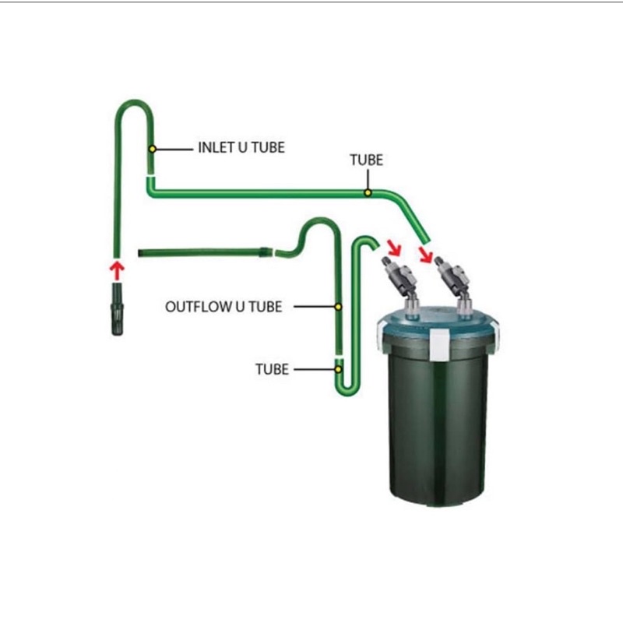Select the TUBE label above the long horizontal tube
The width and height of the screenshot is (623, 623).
[366, 160]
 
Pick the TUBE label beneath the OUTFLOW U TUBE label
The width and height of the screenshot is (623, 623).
[272, 369]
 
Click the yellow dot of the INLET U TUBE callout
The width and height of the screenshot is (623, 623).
[153, 148]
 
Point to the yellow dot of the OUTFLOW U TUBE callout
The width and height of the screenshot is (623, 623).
[339, 306]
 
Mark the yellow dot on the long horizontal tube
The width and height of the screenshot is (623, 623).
[368, 192]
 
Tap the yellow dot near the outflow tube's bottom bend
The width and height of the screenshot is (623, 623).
[339, 369]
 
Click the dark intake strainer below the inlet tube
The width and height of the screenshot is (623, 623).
[117, 309]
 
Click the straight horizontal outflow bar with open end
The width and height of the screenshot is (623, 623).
[202, 252]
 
